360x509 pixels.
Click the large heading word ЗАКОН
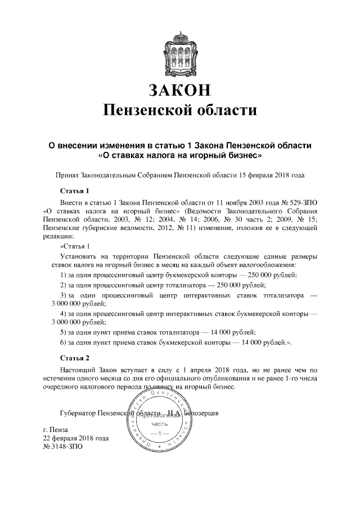[180, 90]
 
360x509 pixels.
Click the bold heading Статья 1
[75, 190]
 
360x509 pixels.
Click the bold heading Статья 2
[75, 357]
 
